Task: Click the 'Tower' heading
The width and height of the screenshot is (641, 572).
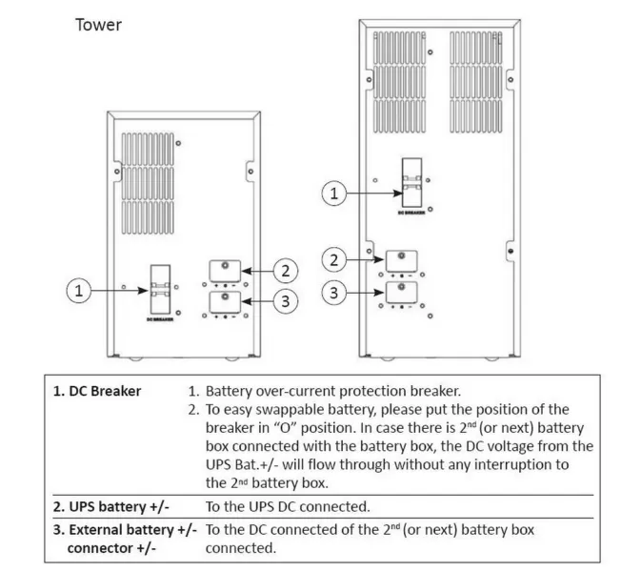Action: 98,24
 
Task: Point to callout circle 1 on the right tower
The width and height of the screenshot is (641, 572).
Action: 333,194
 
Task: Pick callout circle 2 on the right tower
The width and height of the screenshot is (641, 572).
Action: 333,259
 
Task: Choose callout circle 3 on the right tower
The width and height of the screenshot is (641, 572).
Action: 333,292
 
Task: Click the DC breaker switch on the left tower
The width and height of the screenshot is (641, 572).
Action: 158,297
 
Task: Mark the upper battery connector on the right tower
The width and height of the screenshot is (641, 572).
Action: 401,259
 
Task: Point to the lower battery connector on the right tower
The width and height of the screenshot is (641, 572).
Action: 401,293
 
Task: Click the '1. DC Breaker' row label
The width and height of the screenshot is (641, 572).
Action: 97,391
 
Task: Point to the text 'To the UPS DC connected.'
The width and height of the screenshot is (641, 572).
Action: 288,506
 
